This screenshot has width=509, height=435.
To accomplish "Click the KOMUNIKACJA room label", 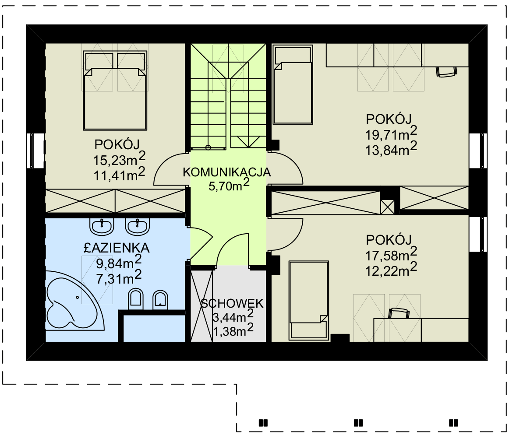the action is click(226, 172).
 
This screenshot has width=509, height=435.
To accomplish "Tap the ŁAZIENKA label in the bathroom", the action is click(117, 248).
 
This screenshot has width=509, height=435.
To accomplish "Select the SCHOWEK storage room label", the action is click(232, 303).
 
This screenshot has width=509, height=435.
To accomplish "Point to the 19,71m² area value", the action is click(391, 133).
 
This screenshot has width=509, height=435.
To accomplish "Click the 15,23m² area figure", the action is click(119, 158).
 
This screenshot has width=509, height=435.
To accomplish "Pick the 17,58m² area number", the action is click(391, 255).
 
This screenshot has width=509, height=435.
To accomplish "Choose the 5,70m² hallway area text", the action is click(229, 186).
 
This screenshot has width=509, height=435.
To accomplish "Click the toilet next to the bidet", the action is click(136, 298).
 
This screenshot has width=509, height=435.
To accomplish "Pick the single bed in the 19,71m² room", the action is click(293, 84).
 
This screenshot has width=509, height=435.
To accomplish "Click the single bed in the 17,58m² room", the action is click(308, 300).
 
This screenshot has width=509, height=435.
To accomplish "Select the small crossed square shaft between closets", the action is click(387, 207).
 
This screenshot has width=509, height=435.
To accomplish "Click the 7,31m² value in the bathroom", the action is click(119, 277).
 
